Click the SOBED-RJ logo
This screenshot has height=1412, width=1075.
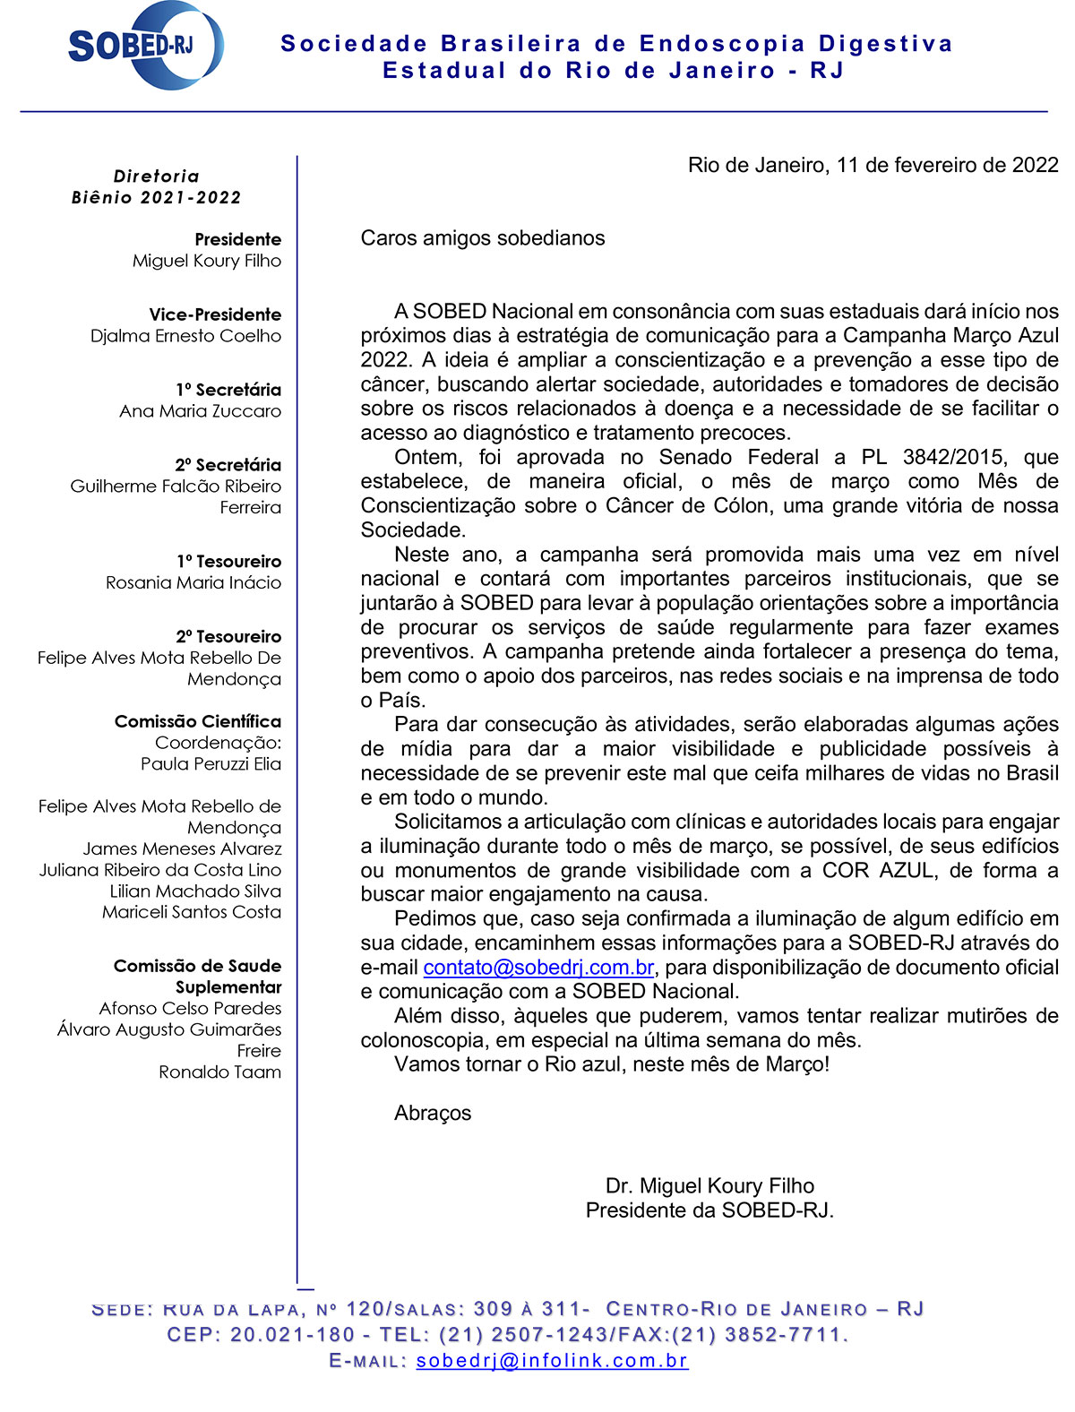tap(143, 45)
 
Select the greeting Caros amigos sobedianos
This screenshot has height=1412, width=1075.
tap(483, 238)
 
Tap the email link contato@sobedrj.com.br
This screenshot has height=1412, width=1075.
tap(538, 968)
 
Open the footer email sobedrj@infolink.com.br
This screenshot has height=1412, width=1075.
tap(552, 1360)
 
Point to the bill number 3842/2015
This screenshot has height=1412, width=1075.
tap(953, 457)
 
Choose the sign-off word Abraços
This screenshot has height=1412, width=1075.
tap(433, 1113)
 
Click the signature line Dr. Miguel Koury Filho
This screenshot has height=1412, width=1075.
tap(709, 1186)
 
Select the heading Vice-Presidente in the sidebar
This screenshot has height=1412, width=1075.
tap(215, 314)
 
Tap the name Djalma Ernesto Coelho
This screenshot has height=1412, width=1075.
tap(185, 336)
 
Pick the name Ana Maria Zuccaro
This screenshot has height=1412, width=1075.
tap(200, 411)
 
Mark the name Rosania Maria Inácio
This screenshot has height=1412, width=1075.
tap(193, 582)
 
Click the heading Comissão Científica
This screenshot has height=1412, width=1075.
tap(198, 721)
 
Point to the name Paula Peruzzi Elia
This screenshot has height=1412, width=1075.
tap(211, 764)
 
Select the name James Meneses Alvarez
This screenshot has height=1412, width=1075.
tap(182, 848)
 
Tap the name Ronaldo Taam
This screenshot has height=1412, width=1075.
tap(220, 1072)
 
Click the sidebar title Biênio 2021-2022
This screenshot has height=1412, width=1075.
tap(157, 198)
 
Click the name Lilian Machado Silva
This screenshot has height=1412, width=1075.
tap(195, 891)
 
